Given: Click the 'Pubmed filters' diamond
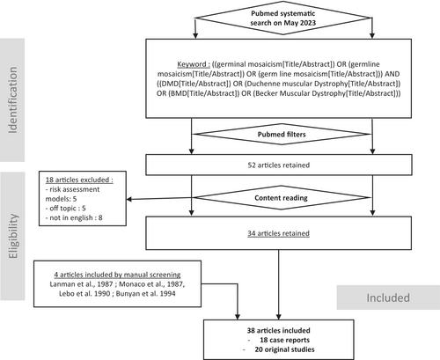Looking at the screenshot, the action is [x=282, y=134].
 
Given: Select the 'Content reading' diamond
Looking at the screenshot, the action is [x=282, y=197].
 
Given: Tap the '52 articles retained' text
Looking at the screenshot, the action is [x=279, y=165].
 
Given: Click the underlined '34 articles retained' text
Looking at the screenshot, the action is [x=279, y=233].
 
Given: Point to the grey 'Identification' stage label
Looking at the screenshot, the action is [x=12, y=100].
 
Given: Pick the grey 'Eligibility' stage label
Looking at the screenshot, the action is [x=13, y=236].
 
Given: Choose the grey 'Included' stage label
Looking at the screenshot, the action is [x=388, y=298].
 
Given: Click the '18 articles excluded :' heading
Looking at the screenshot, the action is [x=79, y=180].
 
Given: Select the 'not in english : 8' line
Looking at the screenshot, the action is [x=74, y=217].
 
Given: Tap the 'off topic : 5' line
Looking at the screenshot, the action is [x=66, y=209].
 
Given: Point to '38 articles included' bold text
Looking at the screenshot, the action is [x=278, y=330].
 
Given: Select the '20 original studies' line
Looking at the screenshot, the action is [x=284, y=349].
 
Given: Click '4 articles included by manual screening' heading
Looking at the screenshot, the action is [x=117, y=275].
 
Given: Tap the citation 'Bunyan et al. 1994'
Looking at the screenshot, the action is [x=145, y=293].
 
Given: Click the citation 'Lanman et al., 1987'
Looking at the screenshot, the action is [x=81, y=284].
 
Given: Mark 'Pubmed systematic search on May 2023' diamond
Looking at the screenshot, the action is [x=283, y=18].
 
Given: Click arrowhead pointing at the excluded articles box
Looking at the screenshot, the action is [x=129, y=200].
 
